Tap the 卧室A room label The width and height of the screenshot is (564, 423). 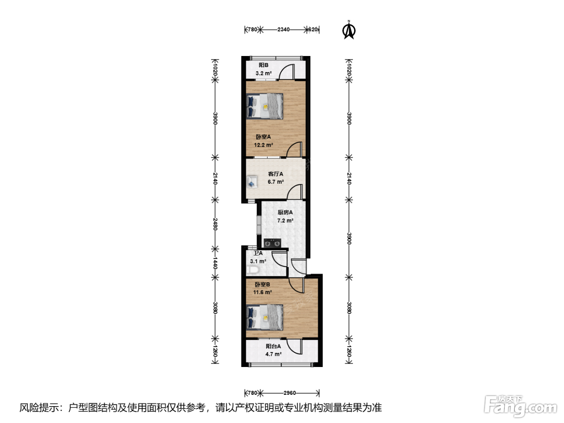263,137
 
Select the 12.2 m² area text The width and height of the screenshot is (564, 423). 263,145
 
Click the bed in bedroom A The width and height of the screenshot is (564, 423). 265,106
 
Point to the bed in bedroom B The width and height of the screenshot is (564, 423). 265,317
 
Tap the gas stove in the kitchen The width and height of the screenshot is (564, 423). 272,243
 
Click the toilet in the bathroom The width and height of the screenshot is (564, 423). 252,270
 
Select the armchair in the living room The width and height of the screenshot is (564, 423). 252,182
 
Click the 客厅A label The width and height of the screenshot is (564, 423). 276,174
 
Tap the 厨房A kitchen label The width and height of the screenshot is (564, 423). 285,212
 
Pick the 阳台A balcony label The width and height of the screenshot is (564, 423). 273,346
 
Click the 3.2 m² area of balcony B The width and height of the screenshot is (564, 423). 263,73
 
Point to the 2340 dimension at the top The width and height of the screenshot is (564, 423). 283,29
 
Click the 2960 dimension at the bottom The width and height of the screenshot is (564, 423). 290,393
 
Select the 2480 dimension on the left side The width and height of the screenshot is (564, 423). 215,224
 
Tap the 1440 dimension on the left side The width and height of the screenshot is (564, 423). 215,263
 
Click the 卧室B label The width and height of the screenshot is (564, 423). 262,284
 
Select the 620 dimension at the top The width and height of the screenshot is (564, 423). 313,29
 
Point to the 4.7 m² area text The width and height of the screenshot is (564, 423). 273,354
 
